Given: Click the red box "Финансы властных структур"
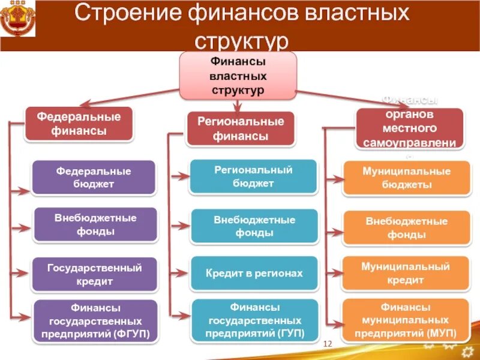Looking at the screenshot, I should [238, 76].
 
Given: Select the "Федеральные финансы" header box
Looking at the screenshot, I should [79, 124].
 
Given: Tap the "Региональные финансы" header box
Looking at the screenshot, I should [241, 128].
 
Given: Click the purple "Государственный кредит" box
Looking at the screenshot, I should [94, 274].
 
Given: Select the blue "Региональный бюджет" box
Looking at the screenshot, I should [253, 176].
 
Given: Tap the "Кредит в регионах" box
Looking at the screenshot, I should [254, 274].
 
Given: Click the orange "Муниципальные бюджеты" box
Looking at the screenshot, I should [406, 178].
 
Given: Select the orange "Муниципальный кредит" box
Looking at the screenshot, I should [406, 274].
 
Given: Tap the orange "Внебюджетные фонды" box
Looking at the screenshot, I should [406, 228].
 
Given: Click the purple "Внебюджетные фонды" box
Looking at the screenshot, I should [94, 224].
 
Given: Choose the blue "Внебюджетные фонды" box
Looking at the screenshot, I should [254, 226].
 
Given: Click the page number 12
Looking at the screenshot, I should [328, 343].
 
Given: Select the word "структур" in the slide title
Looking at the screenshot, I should [242, 42].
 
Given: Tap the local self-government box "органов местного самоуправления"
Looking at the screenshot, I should [409, 128].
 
